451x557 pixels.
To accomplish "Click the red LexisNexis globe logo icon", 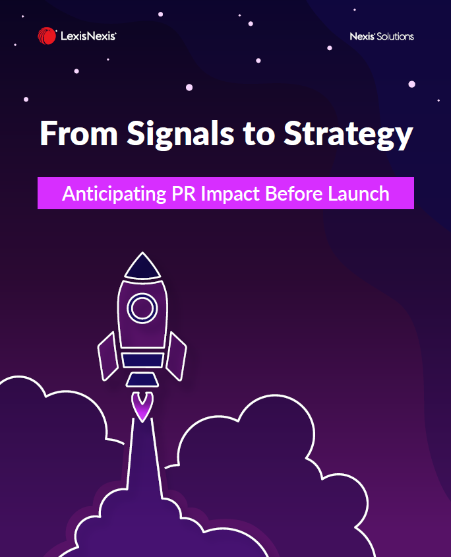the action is point(47,36).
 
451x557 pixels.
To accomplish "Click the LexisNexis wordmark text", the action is point(88,36).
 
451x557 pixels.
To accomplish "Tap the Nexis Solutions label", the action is point(382,36).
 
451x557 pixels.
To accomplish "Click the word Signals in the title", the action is point(181,134).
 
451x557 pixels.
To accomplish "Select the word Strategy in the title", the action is point(348,134).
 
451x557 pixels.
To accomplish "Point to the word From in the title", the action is point(78,133).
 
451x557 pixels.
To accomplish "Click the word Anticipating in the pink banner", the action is point(114,194).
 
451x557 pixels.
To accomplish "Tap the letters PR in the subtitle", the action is point(183,193).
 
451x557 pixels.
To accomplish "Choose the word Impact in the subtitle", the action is point(230,194).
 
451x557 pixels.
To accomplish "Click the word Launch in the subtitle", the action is point(359,193).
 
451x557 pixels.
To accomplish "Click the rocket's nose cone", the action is point(142,267).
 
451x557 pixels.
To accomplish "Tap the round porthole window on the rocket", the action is point(142,308).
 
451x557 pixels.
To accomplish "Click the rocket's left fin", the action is point(108,356).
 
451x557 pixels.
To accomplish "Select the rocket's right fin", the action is point(176,356).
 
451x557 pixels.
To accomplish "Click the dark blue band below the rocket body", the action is point(142,360).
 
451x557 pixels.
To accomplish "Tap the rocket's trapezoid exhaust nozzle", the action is point(142,379).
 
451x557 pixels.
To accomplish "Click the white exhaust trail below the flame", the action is point(143,458).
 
